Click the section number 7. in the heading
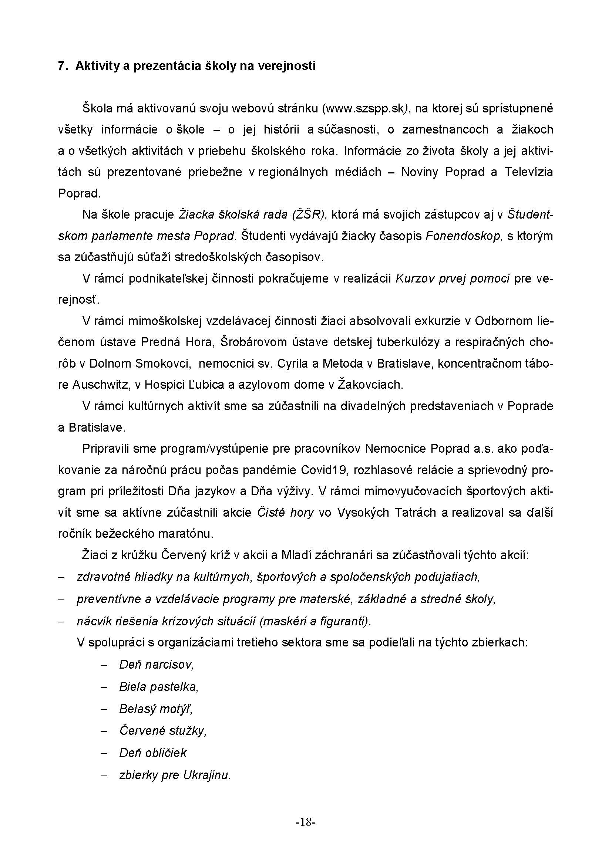pos(62,66)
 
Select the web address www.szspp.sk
pos(364,108)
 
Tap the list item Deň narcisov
pos(156,664)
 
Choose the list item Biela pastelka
pos(159,687)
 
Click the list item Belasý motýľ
pos(156,709)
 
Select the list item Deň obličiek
pos(152,753)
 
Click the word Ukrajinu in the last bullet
pos(206,776)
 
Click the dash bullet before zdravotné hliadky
pos(61,578)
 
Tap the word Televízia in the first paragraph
pos(529,172)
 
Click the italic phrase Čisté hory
pos(285,513)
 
